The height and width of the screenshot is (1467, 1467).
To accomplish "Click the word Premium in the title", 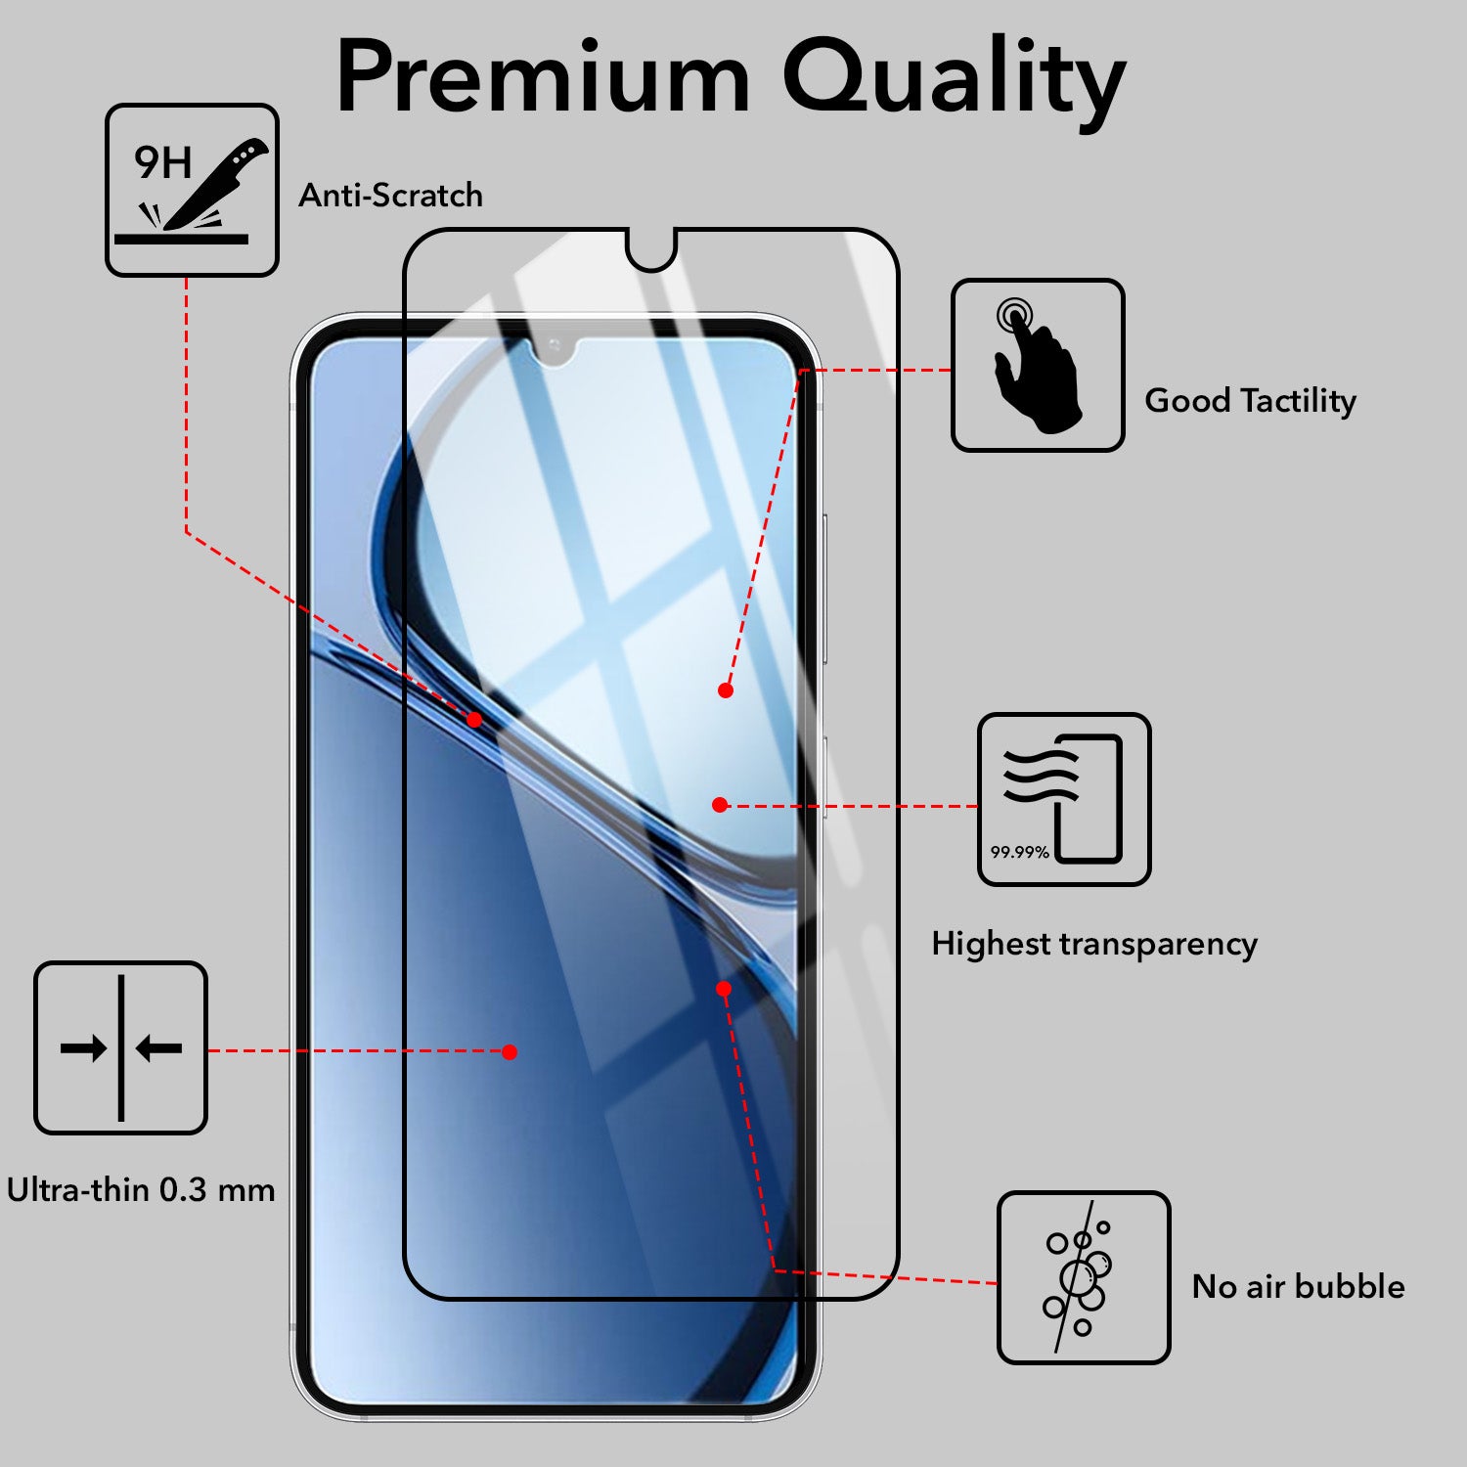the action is pos(544,77).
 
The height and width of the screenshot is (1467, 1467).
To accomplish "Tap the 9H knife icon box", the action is pos(192,190).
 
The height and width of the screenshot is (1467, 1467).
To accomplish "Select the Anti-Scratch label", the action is pos(390,196).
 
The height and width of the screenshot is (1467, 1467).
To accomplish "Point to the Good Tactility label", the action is pos(1250,401).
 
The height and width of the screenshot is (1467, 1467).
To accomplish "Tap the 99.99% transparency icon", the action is pos(1064,799).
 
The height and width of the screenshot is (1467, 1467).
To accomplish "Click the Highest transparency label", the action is pos(1094,945).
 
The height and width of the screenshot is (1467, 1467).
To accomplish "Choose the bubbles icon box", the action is pos(1084,1277).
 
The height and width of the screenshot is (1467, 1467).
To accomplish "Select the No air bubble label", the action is pos(1298,1286).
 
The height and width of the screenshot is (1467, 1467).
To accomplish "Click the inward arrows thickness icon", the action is pos(121,1047).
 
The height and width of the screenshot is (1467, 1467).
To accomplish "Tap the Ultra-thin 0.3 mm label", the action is pos(141,1190).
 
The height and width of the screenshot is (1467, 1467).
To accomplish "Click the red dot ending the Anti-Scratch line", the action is pos(474,720).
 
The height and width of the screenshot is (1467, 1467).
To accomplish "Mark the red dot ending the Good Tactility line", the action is pos(726,690).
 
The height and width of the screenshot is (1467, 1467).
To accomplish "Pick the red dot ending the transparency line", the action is pos(720,805).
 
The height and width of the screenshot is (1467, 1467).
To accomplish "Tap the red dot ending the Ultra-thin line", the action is pos(510,1052).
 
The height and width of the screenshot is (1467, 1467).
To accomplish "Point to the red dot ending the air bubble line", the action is pos(724,989).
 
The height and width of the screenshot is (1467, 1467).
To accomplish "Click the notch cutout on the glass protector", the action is pos(651,249).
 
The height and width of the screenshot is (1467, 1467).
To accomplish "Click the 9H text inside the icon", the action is pos(162,162).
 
